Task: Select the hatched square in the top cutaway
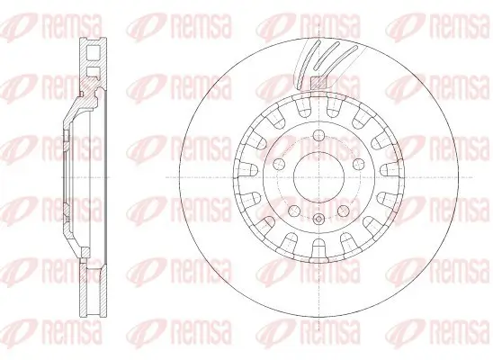click(317, 85)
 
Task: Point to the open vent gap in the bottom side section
click(91, 288)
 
